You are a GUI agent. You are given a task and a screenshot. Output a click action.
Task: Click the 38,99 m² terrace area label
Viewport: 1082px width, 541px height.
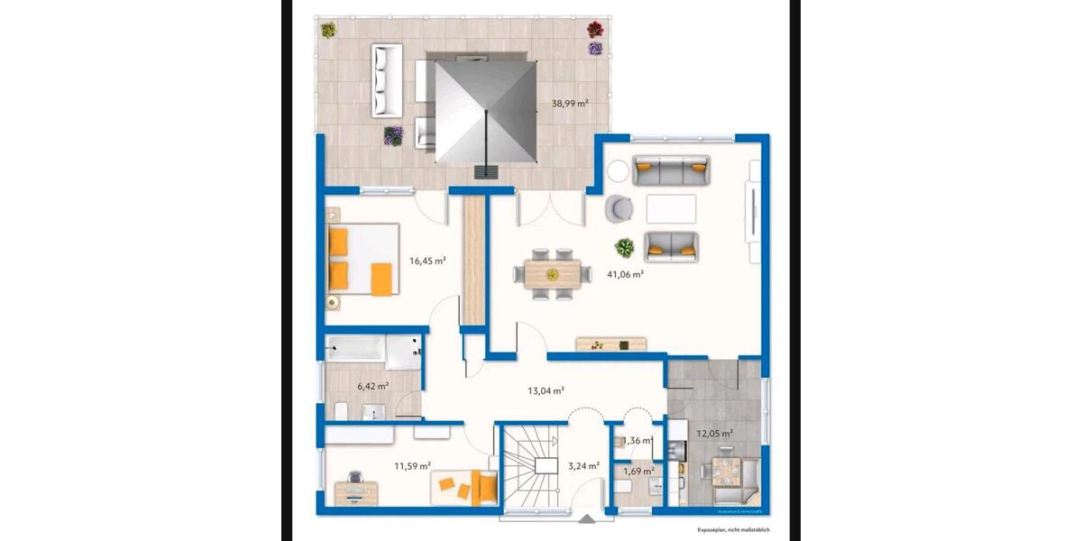click(x=570, y=104)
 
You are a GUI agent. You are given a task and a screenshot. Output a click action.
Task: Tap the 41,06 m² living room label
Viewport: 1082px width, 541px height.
click(x=625, y=274)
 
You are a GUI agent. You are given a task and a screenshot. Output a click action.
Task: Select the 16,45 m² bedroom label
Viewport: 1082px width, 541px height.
click(x=427, y=261)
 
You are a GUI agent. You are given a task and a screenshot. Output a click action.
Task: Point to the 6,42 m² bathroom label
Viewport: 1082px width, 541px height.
click(x=372, y=386)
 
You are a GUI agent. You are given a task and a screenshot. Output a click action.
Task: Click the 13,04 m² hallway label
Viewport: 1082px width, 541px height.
click(x=546, y=390)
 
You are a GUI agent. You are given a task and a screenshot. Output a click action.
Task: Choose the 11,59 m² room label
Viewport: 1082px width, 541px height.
click(x=411, y=466)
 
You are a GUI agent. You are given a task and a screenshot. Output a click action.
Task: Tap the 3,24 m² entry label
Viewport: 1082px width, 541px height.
click(x=582, y=466)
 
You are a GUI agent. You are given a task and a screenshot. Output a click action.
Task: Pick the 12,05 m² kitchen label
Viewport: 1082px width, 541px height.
click(x=714, y=433)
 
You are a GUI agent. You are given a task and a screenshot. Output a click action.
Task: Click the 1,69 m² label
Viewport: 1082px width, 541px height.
click(x=638, y=471)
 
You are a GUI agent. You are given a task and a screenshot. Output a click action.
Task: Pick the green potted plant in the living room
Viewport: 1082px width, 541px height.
click(x=623, y=246)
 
